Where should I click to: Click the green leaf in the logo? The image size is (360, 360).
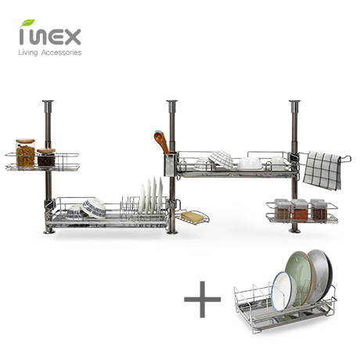click(x=27, y=23)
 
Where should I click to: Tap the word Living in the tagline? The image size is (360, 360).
click(x=28, y=52)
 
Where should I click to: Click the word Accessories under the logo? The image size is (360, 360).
click(x=62, y=52)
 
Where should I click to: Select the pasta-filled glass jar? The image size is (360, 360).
click(x=25, y=153)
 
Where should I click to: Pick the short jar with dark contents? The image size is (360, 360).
click(x=46, y=157)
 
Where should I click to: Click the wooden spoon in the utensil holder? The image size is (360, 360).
click(x=162, y=142)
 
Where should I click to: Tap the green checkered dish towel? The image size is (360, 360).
click(x=322, y=171)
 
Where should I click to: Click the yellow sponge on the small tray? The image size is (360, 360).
click(x=192, y=217)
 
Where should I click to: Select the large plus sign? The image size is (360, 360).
click(x=203, y=299)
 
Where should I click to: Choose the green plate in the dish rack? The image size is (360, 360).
click(x=299, y=276)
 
